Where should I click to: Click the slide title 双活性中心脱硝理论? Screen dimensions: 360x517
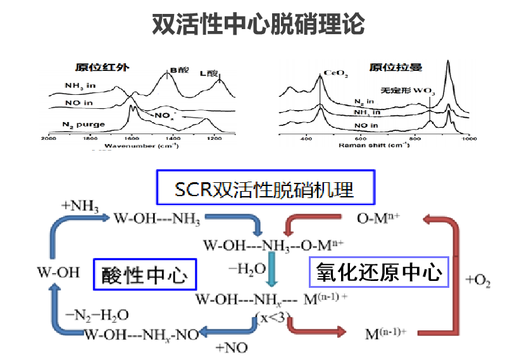click(258, 24)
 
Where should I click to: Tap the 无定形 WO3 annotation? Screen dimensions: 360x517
click(408, 90)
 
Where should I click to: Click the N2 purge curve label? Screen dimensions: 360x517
click(84, 124)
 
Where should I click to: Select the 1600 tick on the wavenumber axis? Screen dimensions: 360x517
click(131, 138)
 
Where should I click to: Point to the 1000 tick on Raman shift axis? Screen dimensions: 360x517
click(467, 138)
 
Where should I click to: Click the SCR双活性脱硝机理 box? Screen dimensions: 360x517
click(264, 188)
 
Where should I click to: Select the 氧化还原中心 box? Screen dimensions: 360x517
click(379, 273)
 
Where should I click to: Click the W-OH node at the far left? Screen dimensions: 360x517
click(59, 273)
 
